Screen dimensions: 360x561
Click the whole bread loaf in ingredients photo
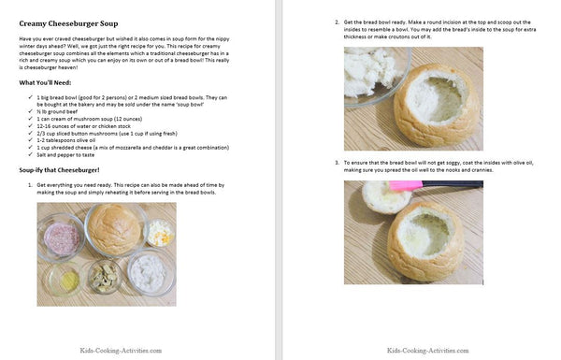110,226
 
